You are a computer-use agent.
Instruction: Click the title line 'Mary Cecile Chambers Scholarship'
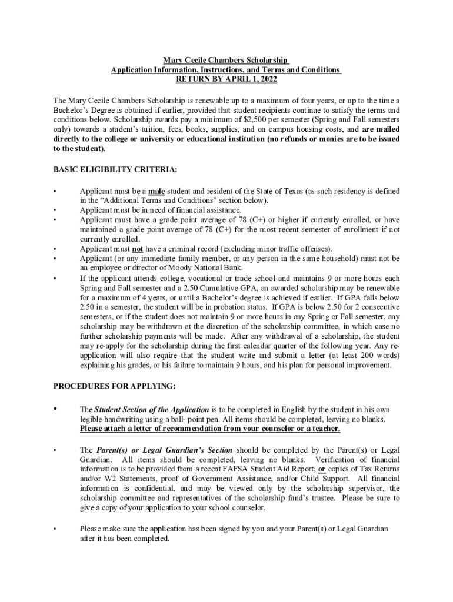(226, 61)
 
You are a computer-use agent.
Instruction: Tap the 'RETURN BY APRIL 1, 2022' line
(226, 79)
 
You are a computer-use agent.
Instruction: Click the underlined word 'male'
(156, 191)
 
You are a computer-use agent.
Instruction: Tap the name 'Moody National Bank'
(185, 267)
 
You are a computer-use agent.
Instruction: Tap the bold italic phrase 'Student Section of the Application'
(152, 409)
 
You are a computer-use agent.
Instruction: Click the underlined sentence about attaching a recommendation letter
(210, 429)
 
